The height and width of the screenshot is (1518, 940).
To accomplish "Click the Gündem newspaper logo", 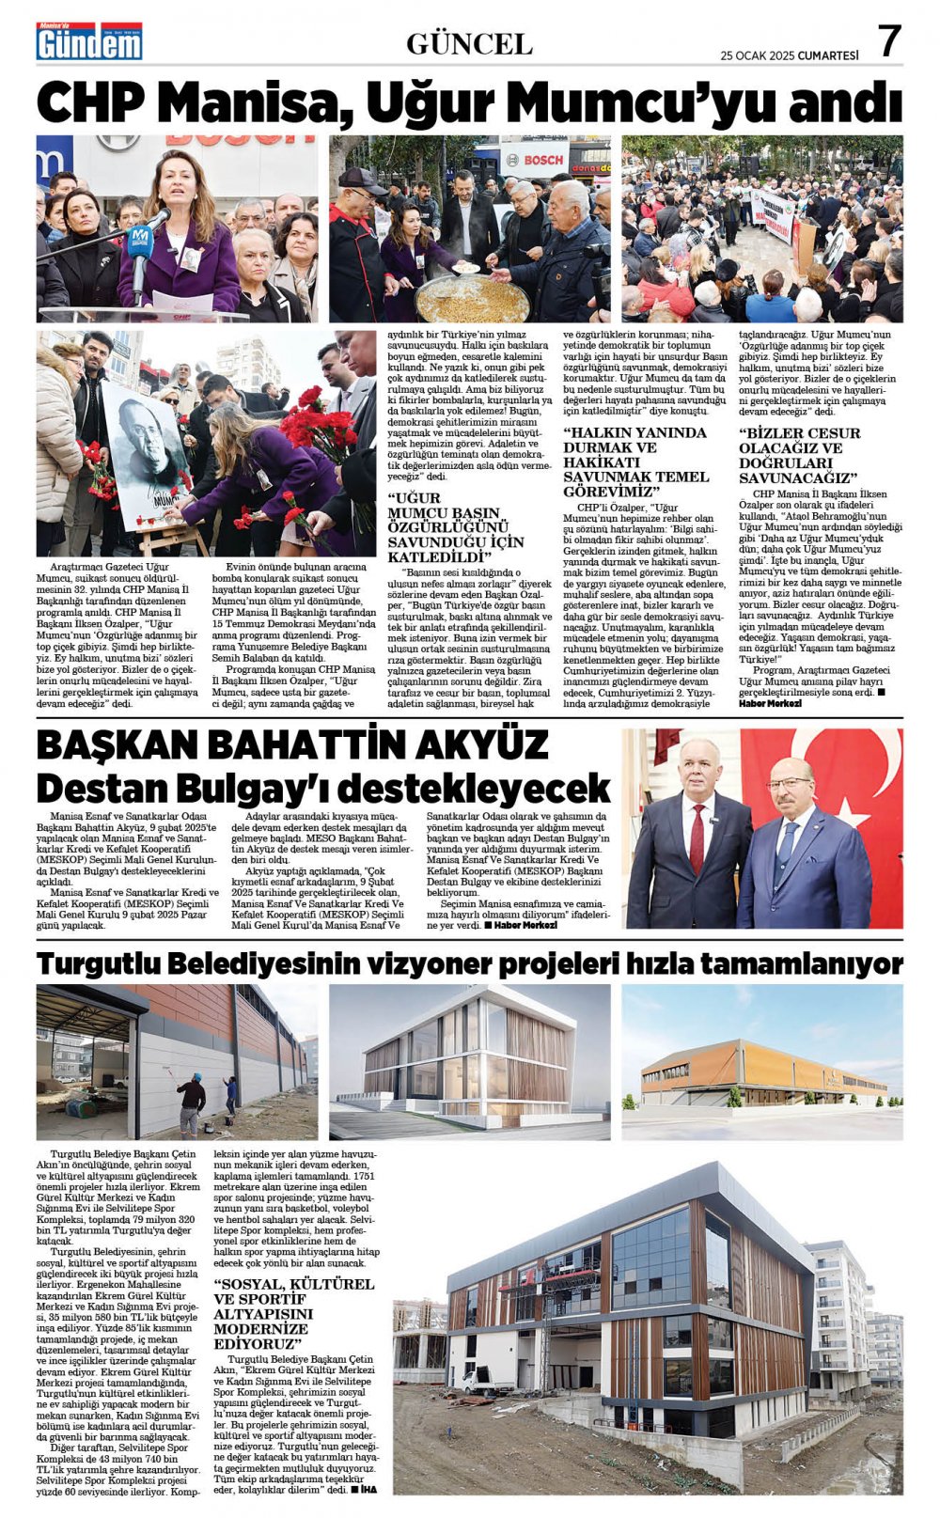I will pos(89,41).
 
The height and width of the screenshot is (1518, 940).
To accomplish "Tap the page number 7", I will pos(888,41).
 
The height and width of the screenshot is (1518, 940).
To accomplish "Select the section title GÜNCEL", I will pos(469,44).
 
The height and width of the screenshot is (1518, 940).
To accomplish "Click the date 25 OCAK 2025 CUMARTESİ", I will pos(789,55).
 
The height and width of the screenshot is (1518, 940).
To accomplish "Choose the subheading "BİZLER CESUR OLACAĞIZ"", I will pos(799,455).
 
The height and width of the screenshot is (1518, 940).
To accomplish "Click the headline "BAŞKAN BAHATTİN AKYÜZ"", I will pos(291,744).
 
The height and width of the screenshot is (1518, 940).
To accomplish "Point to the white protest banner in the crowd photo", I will pos(773,212).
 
